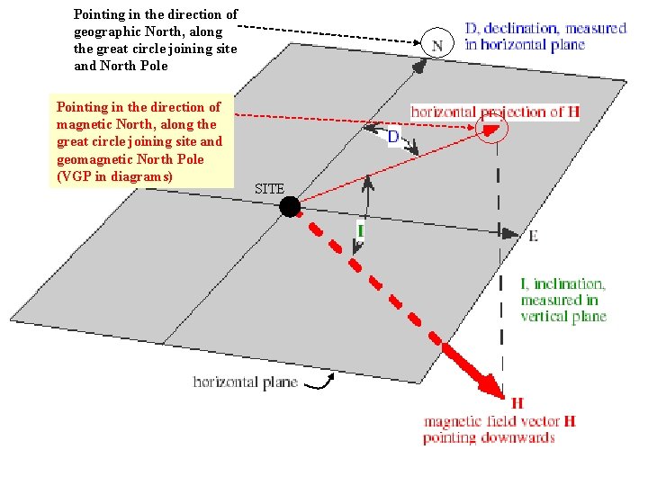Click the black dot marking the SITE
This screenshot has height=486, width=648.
[290, 207]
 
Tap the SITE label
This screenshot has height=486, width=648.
[269, 189]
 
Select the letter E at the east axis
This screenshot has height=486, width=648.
[533, 236]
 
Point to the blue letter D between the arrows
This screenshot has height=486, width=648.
[393, 137]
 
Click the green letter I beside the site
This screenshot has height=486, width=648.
[360, 231]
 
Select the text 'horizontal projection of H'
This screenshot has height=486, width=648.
[489, 112]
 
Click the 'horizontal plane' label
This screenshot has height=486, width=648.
[246, 382]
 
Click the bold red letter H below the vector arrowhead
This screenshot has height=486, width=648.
[517, 402]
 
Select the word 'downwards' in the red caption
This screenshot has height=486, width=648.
[525, 437]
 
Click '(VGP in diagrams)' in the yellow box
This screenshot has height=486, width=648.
[114, 176]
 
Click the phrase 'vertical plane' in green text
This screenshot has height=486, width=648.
[563, 316]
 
